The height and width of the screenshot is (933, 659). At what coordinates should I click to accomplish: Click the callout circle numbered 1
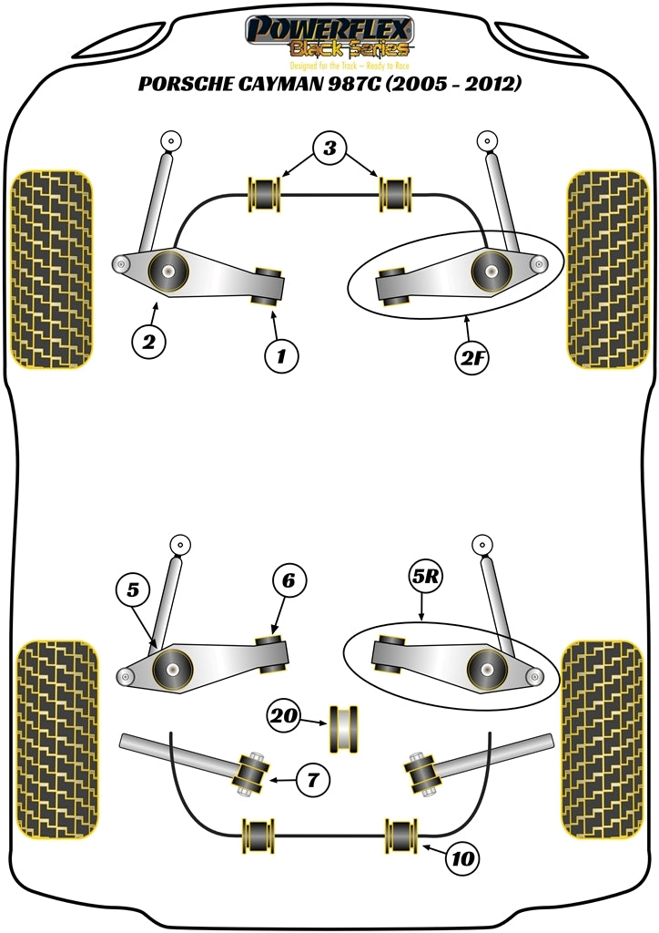(281, 356)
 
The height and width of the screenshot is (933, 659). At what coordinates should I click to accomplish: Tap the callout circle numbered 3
(330, 148)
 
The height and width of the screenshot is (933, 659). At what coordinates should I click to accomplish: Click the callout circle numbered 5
(134, 590)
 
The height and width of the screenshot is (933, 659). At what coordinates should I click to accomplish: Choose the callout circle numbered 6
(289, 580)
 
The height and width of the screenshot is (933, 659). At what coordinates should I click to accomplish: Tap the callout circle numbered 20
(283, 716)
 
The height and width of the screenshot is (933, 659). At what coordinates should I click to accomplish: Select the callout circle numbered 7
(312, 779)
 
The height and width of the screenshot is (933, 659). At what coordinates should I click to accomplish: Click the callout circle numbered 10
(463, 857)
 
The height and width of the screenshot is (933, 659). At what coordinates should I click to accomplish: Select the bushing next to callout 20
(343, 726)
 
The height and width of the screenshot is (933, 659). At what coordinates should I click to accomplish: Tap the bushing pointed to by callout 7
(251, 774)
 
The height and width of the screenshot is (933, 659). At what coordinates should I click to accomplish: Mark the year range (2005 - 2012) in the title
(449, 85)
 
